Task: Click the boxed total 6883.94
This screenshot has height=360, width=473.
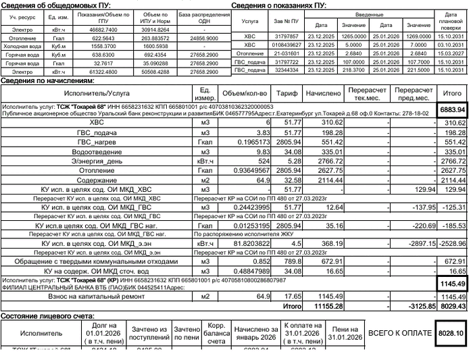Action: point(453,109)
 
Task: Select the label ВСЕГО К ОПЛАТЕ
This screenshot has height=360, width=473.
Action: point(399,333)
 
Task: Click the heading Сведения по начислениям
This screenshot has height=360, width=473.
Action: point(47,80)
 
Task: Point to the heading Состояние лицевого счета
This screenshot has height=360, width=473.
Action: point(47,315)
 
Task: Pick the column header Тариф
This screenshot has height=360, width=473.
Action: point(287,94)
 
